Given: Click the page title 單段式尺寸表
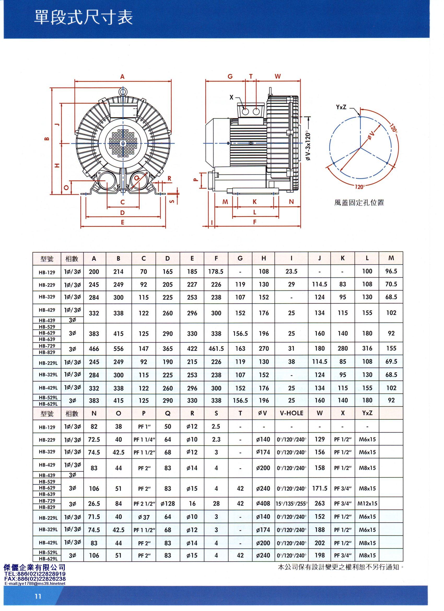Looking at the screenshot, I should (83, 18).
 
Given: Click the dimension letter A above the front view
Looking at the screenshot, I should (122, 77).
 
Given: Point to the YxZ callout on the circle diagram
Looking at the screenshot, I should (341, 107).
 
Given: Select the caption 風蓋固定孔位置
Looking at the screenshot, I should (359, 203).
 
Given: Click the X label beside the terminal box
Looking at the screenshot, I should (231, 97).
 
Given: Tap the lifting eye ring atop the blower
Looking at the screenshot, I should (123, 92).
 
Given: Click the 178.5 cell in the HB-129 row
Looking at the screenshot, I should (216, 272).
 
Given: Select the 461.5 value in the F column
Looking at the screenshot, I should (216, 349).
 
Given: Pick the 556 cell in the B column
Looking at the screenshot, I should (118, 349).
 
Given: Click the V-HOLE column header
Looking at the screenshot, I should (291, 413).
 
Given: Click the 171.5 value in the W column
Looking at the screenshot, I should (319, 488).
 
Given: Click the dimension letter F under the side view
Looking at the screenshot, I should (254, 222).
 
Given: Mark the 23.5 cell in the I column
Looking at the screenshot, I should (291, 272).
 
